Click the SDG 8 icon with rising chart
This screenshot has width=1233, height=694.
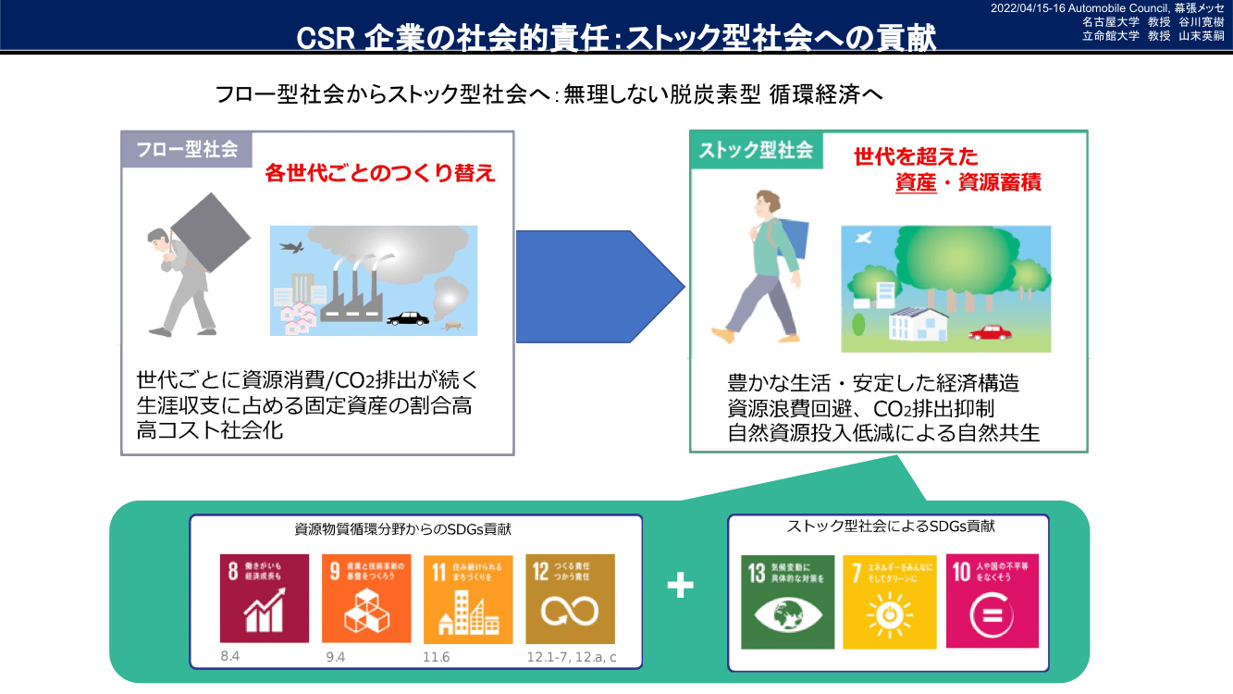[x=264, y=598]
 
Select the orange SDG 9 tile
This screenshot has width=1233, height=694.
[x=365, y=598]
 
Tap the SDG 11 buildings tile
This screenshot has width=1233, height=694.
[x=467, y=598]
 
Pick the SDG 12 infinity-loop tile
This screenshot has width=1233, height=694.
[x=570, y=598]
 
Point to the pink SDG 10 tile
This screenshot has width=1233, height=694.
[x=993, y=601]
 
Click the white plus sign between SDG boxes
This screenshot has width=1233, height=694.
[x=681, y=585]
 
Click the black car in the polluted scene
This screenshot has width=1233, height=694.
[x=408, y=318]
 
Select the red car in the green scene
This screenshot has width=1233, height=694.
[x=991, y=331]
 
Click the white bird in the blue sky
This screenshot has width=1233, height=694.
[x=865, y=239]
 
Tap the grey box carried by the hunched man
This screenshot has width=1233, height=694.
[x=210, y=232]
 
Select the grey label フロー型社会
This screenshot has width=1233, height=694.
[x=187, y=149]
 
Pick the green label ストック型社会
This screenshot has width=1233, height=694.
[x=756, y=149]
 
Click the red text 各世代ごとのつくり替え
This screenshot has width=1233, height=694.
[x=380, y=172]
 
